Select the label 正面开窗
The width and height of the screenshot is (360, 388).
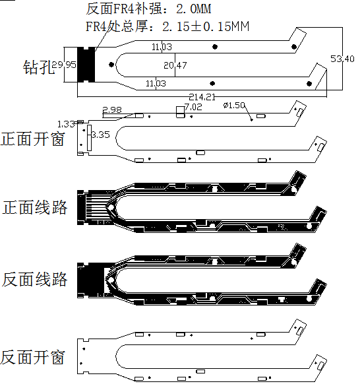coord(33,139)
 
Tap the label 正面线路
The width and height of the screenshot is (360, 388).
coord(35,208)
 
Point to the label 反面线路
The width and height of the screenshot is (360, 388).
coord(35,279)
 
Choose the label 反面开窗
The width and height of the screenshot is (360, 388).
coord(33,358)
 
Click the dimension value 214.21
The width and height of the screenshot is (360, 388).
coord(202,97)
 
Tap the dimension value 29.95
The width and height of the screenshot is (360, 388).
coord(64,65)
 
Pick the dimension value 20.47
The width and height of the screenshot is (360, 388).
coord(175,65)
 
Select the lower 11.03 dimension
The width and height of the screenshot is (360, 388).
coord(156,83)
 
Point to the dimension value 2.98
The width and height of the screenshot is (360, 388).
coord(112,110)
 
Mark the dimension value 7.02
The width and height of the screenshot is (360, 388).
coord(194,107)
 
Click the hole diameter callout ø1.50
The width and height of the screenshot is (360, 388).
coord(234,106)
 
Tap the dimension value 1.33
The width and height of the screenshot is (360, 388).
coord(66,124)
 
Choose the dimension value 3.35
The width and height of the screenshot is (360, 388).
coord(100,135)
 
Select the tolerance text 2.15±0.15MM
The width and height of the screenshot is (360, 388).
coord(206,26)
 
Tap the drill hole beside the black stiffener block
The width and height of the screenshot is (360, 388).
coord(110,64)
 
